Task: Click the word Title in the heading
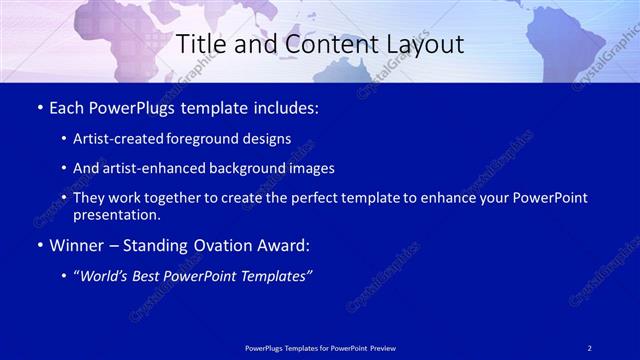199,45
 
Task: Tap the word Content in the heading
318,45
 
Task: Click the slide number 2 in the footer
590,347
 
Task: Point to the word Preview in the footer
379,347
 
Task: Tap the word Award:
281,245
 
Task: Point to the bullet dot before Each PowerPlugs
38,108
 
